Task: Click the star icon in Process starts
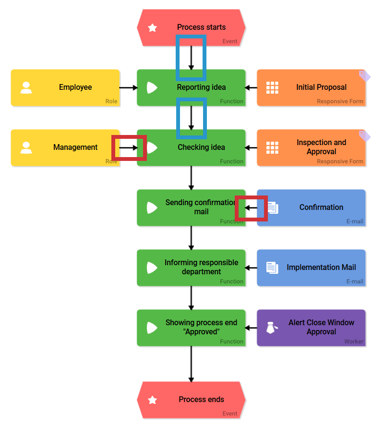pyautogui.click(x=152, y=28)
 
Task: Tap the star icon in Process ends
pyautogui.click(x=152, y=400)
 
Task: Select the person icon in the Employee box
pyautogui.click(x=26, y=87)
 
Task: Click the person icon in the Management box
pyautogui.click(x=26, y=147)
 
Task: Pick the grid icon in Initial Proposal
pyautogui.click(x=272, y=87)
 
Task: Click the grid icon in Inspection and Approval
pyautogui.click(x=272, y=147)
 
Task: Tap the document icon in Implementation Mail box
pyautogui.click(x=272, y=268)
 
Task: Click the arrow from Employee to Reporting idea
pyautogui.click(x=128, y=87)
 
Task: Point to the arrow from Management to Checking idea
pyautogui.click(x=128, y=147)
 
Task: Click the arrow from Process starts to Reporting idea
pyautogui.click(x=191, y=58)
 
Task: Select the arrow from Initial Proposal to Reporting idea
pyautogui.click(x=251, y=87)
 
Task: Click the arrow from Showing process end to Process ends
pyautogui.click(x=191, y=364)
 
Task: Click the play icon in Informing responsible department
pyautogui.click(x=152, y=268)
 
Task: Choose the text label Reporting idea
pyautogui.click(x=201, y=87)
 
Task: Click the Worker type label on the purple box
pyautogui.click(x=353, y=342)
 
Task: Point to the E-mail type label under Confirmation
pyautogui.click(x=355, y=221)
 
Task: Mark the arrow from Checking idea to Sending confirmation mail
pyautogui.click(x=191, y=178)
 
